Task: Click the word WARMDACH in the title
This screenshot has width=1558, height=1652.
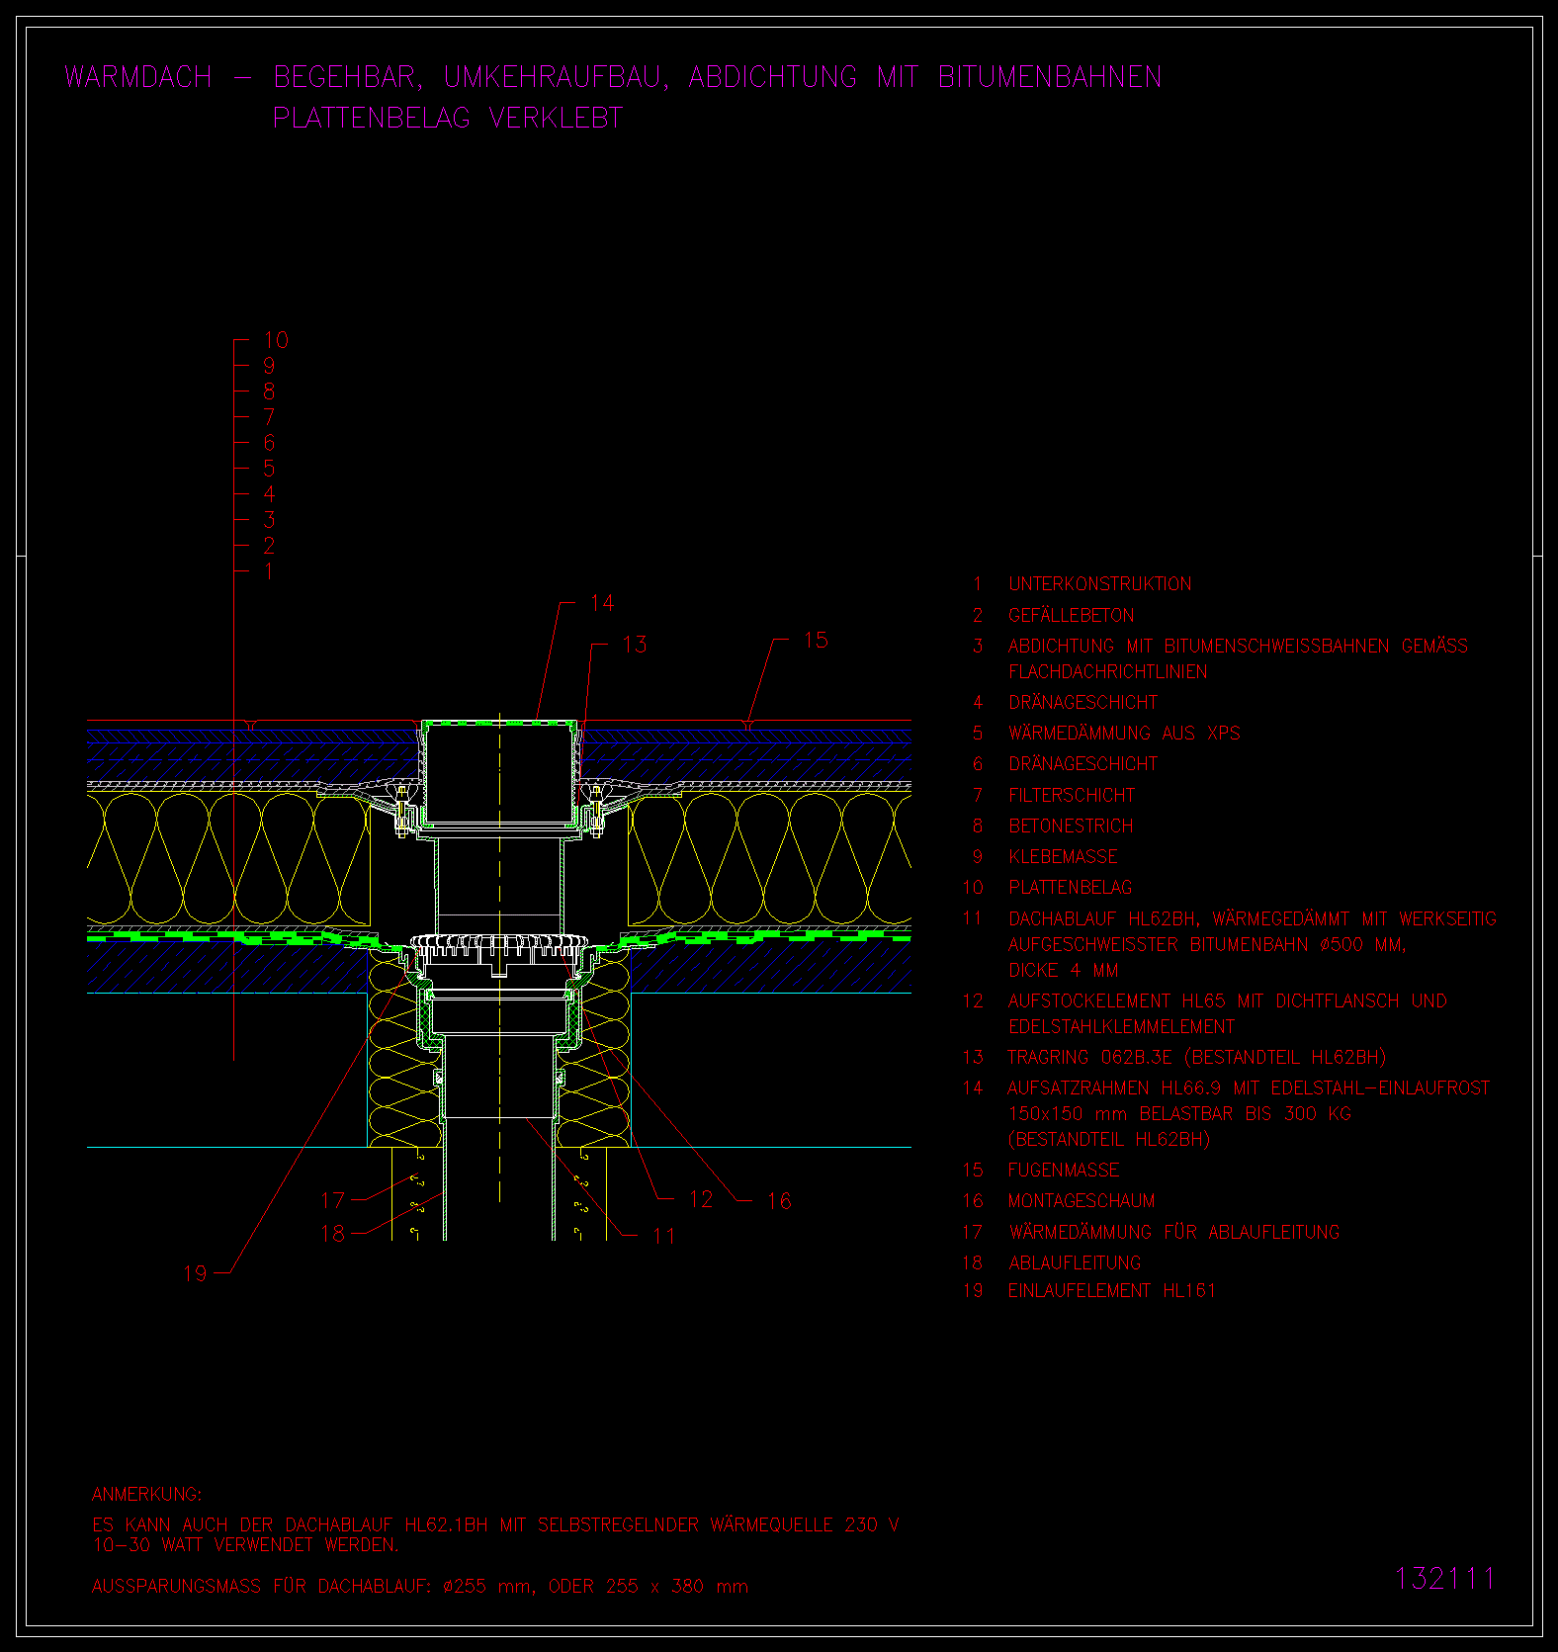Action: click(138, 77)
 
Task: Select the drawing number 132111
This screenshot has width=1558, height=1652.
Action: click(1445, 1578)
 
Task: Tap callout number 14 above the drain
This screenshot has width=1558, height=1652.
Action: click(602, 603)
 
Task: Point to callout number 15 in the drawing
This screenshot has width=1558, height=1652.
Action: click(816, 641)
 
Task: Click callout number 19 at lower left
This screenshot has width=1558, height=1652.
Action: click(196, 1273)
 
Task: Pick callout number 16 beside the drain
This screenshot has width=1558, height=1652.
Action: click(779, 1201)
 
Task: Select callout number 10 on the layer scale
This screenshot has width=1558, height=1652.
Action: click(276, 340)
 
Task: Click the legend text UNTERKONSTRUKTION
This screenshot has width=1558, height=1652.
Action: click(1099, 584)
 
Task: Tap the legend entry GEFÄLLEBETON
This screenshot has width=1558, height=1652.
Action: click(1072, 615)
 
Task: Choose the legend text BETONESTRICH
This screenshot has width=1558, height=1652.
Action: click(1071, 826)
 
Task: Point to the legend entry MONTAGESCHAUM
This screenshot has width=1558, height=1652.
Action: click(1082, 1201)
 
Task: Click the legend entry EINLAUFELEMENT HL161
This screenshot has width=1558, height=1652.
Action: click(1112, 1290)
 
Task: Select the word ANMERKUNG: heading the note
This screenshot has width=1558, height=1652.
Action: click(146, 1494)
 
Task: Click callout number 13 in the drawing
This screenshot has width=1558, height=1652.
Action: click(635, 645)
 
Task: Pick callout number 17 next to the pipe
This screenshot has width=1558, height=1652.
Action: click(332, 1200)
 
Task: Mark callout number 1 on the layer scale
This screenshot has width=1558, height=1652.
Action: click(269, 571)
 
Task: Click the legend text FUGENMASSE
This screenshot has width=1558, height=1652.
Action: click(1064, 1171)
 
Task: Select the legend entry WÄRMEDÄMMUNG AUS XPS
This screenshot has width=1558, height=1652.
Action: click(1124, 733)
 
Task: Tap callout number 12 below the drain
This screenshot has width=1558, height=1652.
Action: click(701, 1199)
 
